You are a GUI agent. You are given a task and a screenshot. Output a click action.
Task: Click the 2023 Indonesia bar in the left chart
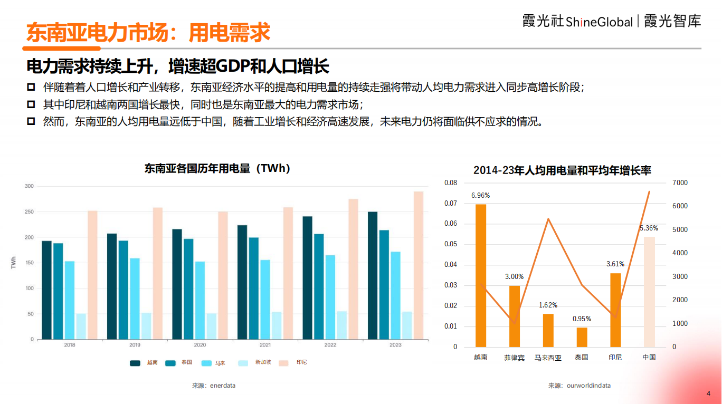(x=418, y=265)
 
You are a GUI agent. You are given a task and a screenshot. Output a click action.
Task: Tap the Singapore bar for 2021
(x=277, y=325)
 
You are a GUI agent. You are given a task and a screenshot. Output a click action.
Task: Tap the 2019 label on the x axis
(x=135, y=345)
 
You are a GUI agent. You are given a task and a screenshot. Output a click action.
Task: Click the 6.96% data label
(x=480, y=196)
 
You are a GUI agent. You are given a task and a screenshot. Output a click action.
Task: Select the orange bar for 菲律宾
(x=515, y=316)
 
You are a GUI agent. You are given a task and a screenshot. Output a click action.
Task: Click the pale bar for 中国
(x=649, y=292)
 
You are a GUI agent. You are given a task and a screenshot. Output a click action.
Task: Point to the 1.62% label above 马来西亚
(x=548, y=305)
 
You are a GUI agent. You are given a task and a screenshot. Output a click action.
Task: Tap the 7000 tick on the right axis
(x=679, y=182)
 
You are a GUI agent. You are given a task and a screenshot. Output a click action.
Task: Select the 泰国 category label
(x=582, y=358)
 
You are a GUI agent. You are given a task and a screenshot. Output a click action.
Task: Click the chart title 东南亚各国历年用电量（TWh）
(x=217, y=169)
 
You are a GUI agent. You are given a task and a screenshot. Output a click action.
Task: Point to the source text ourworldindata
(x=588, y=386)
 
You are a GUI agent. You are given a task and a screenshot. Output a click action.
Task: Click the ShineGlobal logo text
(x=599, y=22)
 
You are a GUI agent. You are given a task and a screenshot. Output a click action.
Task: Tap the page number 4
(x=708, y=393)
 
